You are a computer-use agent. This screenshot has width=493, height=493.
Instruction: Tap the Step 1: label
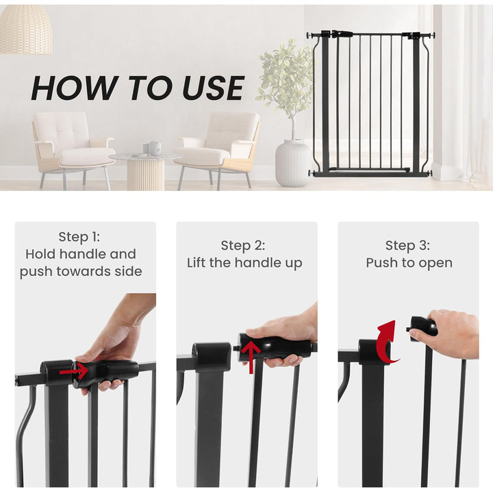coord(80,237)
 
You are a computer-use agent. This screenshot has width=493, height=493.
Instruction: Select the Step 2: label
coord(243,245)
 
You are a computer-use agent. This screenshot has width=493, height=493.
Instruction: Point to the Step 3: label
coord(408,245)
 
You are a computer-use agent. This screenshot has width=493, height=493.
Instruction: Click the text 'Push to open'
coord(409,263)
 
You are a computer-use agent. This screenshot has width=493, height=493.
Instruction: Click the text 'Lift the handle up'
coord(244,263)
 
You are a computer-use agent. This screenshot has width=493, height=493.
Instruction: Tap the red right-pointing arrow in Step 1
coord(74,372)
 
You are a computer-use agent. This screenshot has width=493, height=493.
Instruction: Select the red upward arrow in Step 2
coord(251,356)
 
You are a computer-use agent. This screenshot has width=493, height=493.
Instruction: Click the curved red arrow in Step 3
coord(386,342)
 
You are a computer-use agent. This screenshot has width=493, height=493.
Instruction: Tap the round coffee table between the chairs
coord(146,171)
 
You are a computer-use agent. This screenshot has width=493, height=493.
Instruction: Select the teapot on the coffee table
coord(155,148)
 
